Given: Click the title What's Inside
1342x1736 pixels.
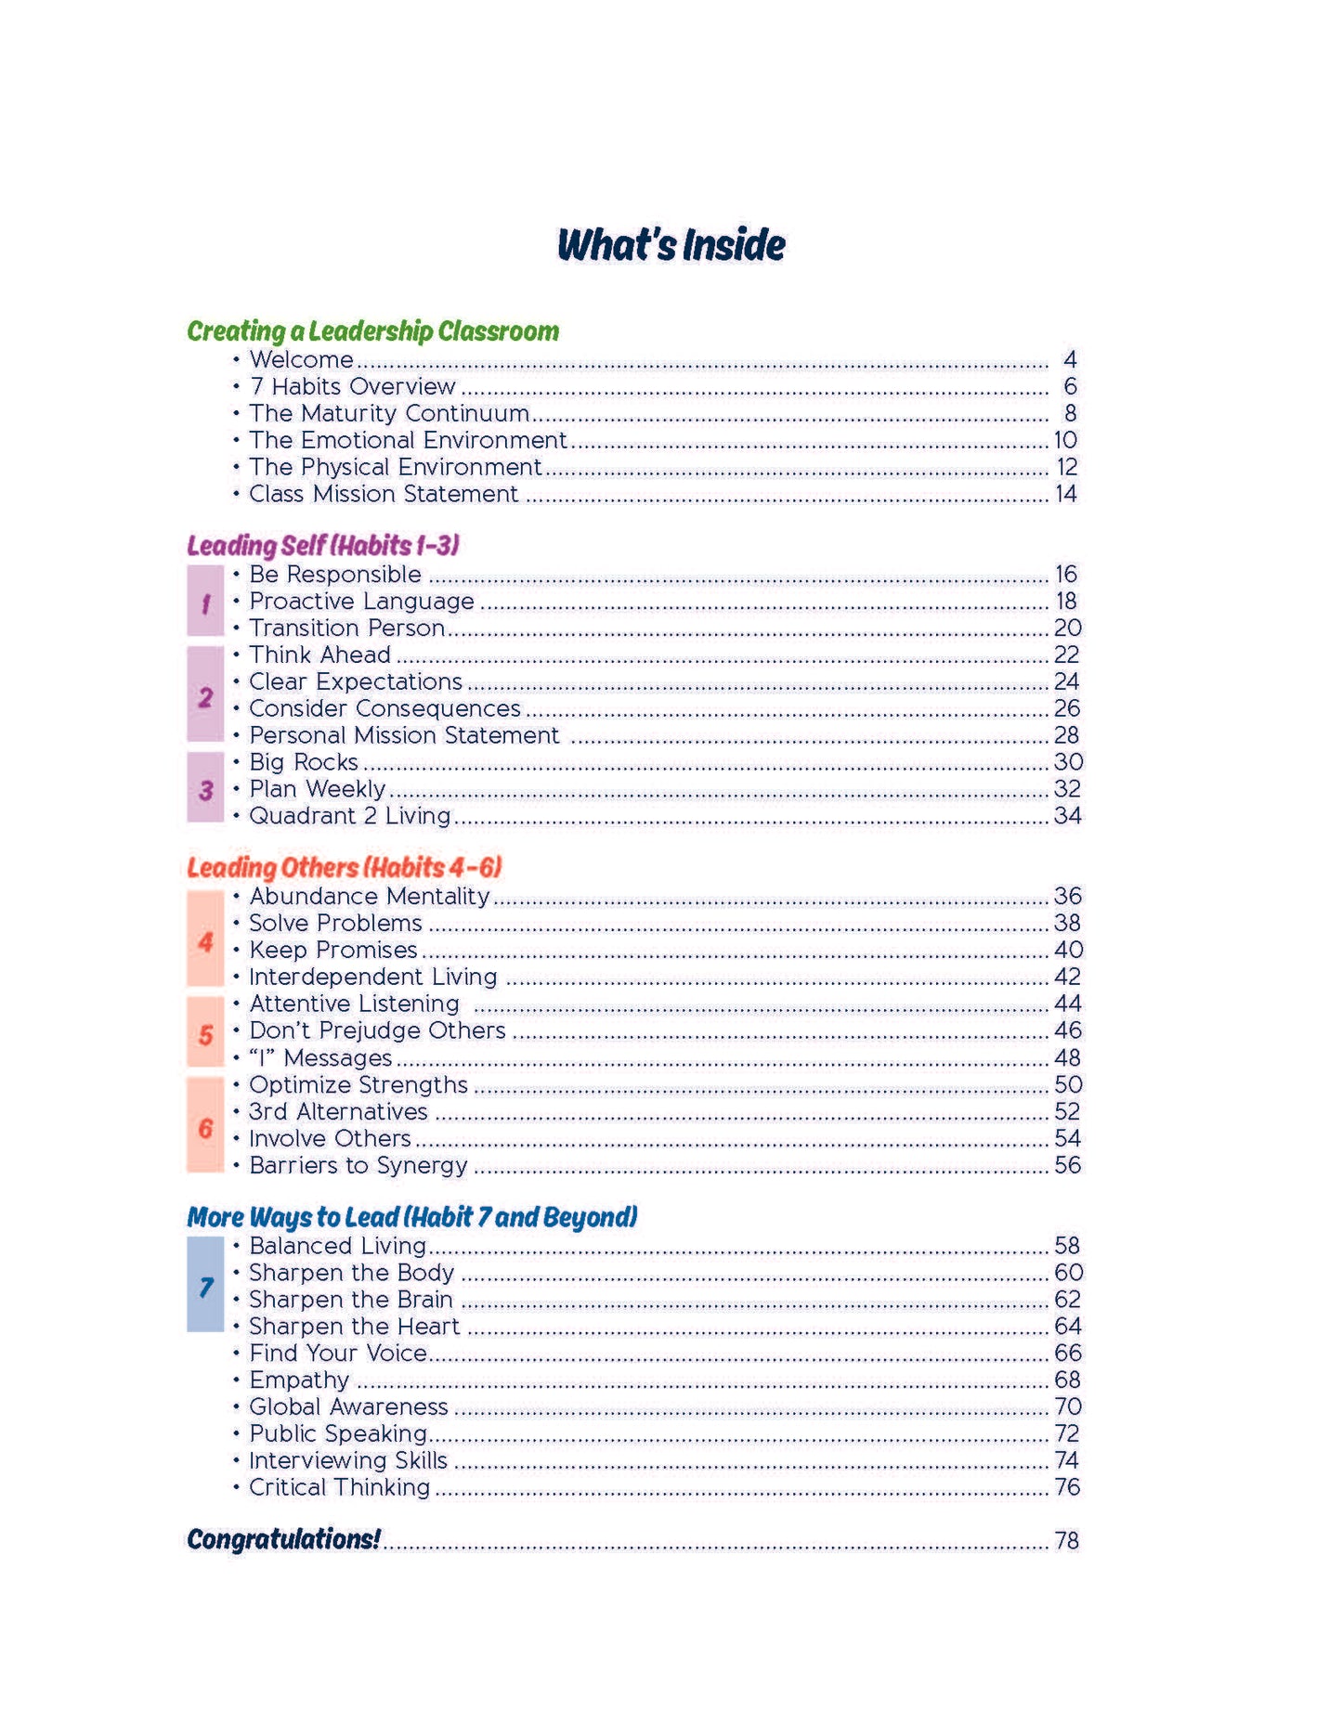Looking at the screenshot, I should pos(671,245).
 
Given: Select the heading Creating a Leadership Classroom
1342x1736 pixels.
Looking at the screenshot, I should pos(372,331).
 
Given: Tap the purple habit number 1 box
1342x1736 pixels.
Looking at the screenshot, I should pos(205,602).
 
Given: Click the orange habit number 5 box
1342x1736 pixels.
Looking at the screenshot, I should pos(205,1032).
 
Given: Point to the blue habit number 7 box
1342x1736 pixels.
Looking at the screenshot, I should pos(205,1285).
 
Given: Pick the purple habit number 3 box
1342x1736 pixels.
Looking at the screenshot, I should pos(205,789).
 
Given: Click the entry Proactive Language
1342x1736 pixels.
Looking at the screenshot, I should pos(361,602).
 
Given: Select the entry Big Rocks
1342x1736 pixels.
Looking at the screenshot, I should pos(303,762).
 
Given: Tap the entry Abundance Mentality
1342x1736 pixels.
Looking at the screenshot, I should pos(369,896).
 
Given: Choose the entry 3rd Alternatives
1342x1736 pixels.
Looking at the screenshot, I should pos(338,1111).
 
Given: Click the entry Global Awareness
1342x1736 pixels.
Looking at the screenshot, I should pos(348,1407).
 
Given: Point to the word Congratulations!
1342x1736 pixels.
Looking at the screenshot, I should pos(283,1539).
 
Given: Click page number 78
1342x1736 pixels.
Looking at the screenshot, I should pos(1066,1541).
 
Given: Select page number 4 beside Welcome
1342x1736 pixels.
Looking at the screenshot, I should pos(1070,359).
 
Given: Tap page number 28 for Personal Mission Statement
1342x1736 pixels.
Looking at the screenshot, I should pos(1066,735).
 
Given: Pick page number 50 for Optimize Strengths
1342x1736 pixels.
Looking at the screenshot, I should pos(1068,1085).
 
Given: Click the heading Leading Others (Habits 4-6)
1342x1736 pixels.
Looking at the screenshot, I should pos(345,867).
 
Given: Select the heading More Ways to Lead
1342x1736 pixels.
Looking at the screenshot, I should pos(412,1217).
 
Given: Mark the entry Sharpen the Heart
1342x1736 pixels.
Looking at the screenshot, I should pos(354,1327).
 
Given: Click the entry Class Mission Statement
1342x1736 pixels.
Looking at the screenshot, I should pos(383,494).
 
